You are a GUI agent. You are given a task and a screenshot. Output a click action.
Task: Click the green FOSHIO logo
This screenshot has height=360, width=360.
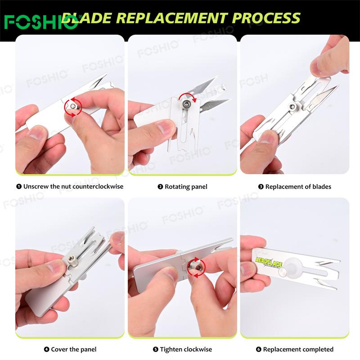point(41,22)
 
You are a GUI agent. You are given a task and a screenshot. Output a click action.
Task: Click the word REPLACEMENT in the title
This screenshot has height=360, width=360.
point(172,18)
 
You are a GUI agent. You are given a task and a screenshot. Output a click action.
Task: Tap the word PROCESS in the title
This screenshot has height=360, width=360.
point(266,18)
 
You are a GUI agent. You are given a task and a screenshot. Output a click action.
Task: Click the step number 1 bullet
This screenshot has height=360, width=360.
point(19,186)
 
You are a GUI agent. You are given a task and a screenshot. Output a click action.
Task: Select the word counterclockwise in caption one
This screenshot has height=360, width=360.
point(99,186)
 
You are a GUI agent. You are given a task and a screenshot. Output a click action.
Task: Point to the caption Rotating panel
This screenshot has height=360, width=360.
point(186,187)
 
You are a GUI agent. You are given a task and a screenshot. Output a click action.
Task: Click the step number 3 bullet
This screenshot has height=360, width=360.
point(261,187)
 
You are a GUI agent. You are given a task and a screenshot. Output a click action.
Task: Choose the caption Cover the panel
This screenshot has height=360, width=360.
point(73,350)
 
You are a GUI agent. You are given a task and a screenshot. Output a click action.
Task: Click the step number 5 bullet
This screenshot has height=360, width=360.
point(155,350)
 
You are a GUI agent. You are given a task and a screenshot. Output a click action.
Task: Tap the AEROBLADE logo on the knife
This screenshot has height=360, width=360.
point(269,262)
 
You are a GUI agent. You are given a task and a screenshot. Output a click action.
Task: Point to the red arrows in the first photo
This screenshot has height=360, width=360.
point(73,107)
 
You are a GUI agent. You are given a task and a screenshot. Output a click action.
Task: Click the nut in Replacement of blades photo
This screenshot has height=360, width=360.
point(292,106)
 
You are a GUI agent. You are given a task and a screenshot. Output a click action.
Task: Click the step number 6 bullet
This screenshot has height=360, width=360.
point(258,350)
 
